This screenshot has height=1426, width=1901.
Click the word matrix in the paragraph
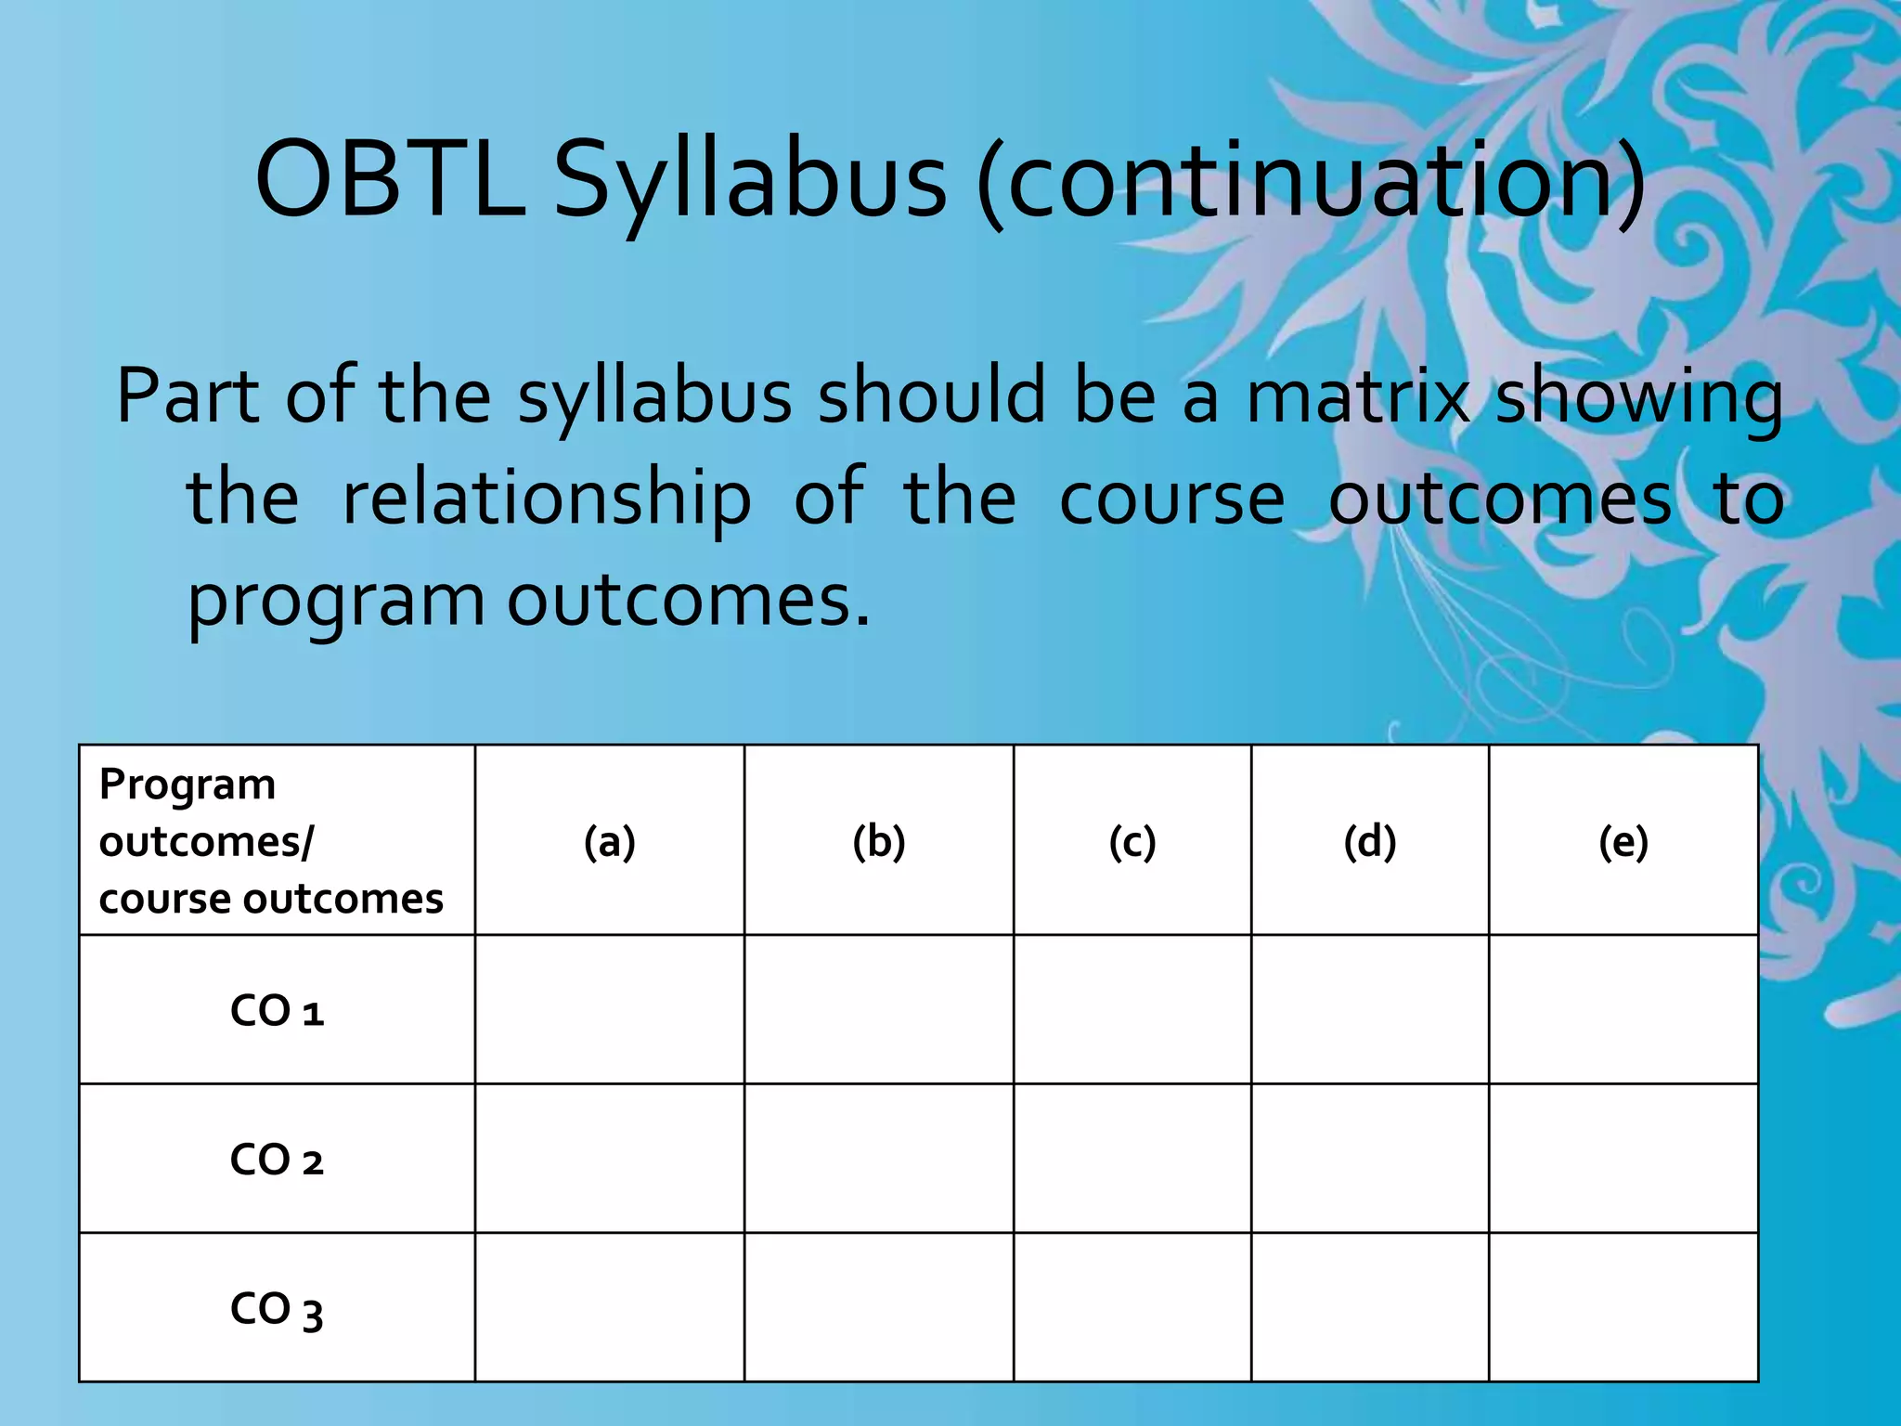point(1358,397)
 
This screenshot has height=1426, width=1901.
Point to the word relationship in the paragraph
point(547,499)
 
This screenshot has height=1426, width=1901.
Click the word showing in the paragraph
point(1639,397)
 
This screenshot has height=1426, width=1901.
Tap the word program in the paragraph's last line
point(336,602)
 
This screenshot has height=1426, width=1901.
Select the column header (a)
point(609,842)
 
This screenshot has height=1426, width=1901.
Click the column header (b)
point(878,842)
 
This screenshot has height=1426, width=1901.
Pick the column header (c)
point(1132,842)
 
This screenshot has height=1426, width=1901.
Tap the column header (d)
point(1369,842)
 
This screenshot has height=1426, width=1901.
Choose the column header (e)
point(1623,842)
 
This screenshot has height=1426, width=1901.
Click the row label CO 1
point(277,1011)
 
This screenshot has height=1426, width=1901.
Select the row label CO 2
point(277,1160)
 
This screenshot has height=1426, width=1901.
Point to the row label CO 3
point(277,1309)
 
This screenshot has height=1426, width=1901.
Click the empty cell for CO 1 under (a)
point(609,1009)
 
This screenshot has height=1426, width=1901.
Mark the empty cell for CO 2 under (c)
point(1132,1159)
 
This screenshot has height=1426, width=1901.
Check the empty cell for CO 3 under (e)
point(1623,1307)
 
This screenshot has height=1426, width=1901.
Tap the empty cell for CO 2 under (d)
point(1369,1159)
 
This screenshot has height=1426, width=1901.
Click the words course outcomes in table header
point(271,899)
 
